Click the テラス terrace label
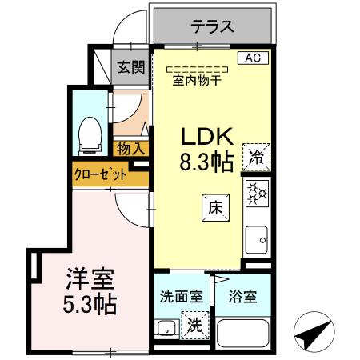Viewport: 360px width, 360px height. pyautogui.click(x=212, y=26)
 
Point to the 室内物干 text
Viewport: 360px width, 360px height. pyautogui.click(x=196, y=78)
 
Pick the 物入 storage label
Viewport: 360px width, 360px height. pyautogui.click(x=131, y=148)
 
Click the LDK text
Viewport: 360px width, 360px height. pyautogui.click(x=206, y=136)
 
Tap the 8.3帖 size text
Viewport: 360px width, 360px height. pyautogui.click(x=206, y=162)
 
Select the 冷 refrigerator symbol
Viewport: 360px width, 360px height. pyautogui.click(x=258, y=156)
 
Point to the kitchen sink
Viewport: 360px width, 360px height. pyautogui.click(x=258, y=237)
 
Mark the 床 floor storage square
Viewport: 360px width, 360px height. pyautogui.click(x=215, y=206)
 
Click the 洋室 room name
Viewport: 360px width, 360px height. pyautogui.click(x=90, y=279)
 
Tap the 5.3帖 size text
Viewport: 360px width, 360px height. pyautogui.click(x=90, y=305)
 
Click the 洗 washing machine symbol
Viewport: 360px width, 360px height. pyautogui.click(x=194, y=325)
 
